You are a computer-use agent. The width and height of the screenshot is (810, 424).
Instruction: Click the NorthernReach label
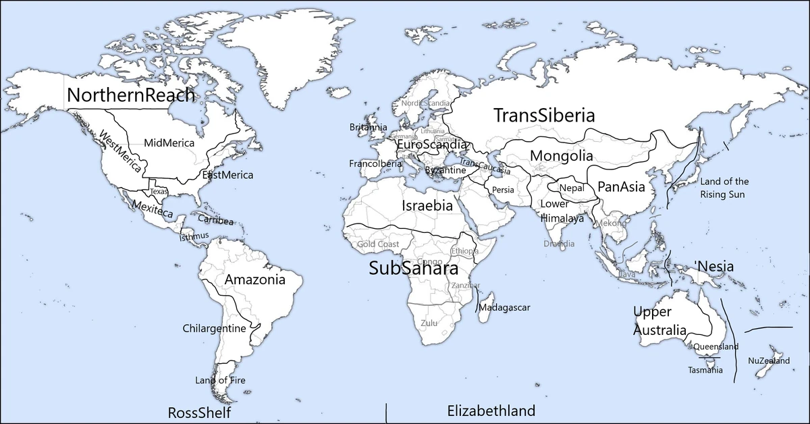131,96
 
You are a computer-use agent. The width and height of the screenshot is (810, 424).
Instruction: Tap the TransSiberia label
543,115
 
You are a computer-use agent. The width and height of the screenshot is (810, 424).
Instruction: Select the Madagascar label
504,308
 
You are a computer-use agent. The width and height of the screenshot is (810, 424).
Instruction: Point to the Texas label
159,191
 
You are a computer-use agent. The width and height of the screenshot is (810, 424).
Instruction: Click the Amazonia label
254,280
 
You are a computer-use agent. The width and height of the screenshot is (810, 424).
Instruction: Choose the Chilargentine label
214,329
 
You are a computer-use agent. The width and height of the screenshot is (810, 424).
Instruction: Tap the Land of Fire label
220,380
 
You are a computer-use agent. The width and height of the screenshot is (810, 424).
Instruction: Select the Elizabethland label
491,410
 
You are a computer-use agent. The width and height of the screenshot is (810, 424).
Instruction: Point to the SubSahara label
413,268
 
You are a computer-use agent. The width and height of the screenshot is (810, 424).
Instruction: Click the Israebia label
427,206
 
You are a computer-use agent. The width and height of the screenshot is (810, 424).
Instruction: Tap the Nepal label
572,188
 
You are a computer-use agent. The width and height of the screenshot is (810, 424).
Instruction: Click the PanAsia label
622,186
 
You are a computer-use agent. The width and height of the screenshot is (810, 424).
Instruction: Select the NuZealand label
769,361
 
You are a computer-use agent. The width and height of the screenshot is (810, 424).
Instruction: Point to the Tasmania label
705,370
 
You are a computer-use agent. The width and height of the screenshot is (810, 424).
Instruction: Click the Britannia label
369,127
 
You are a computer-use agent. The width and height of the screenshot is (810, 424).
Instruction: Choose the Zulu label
429,323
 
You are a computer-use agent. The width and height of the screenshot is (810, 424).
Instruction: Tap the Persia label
504,190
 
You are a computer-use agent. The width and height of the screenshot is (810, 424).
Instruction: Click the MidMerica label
169,143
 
